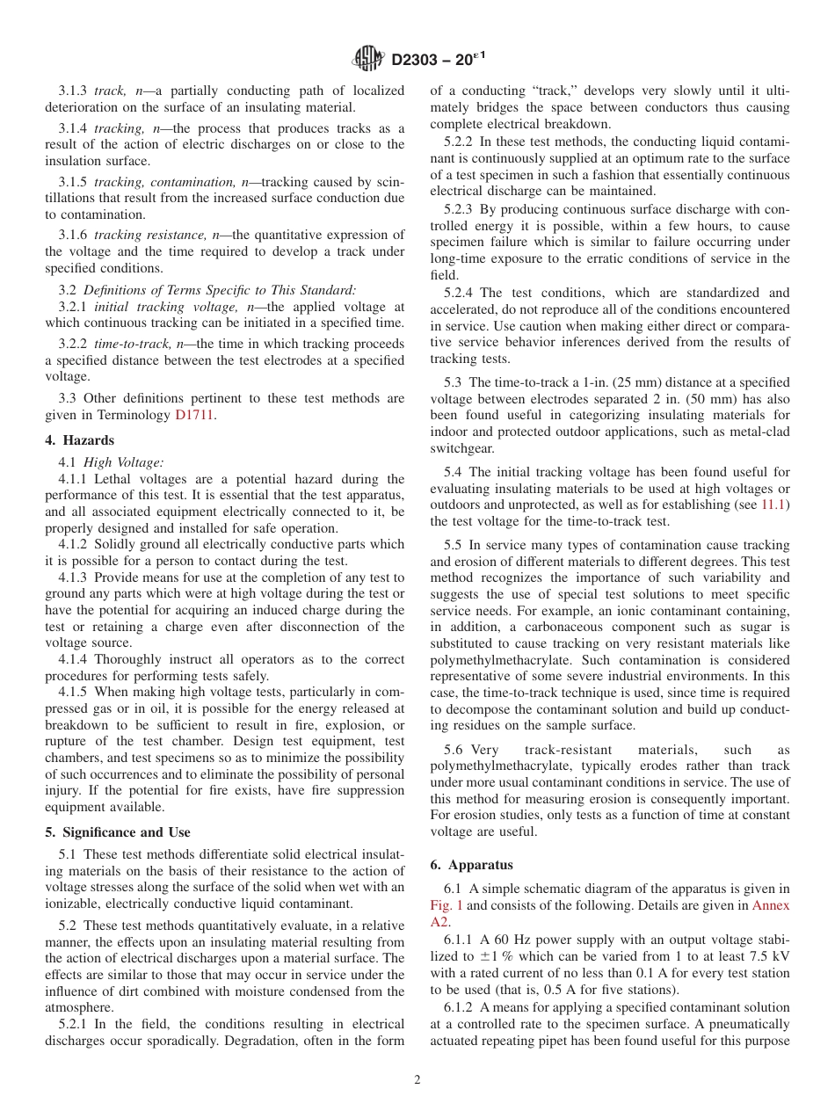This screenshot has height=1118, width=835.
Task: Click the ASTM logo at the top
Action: coord(368,59)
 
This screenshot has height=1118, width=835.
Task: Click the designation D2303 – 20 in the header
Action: coord(436,59)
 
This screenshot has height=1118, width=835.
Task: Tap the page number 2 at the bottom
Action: coord(417,1080)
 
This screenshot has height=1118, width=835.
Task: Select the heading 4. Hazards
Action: coord(80,440)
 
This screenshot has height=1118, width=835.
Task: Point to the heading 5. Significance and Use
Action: coord(118,832)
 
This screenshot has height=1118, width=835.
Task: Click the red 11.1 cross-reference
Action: coord(774,505)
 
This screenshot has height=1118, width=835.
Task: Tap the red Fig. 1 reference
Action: coord(447,904)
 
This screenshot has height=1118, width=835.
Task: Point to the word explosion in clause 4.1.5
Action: coord(353,725)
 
